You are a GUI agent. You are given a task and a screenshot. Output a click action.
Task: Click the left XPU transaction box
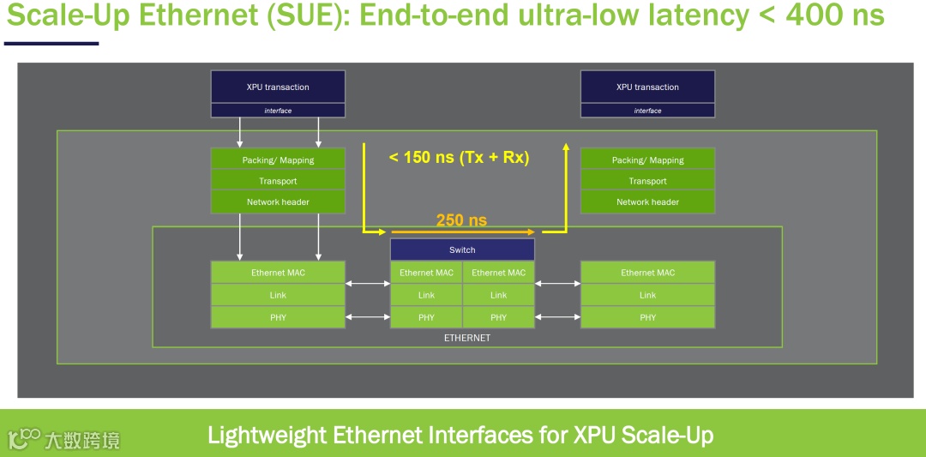pyautogui.click(x=278, y=87)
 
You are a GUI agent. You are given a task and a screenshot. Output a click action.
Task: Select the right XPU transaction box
pyautogui.click(x=647, y=87)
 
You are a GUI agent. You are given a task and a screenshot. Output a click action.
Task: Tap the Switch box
pyautogui.click(x=462, y=250)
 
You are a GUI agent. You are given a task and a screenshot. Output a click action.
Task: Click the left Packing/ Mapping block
pyautogui.click(x=278, y=159)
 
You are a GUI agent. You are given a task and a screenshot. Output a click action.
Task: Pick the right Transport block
pyautogui.click(x=647, y=181)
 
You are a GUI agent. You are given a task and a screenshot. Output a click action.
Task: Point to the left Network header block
pyautogui.click(x=278, y=202)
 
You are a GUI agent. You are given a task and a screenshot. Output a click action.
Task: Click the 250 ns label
pyautogui.click(x=461, y=220)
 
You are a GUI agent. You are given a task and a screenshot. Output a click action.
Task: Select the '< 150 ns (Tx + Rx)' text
pyautogui.click(x=459, y=158)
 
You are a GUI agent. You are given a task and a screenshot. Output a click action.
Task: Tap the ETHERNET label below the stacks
pyautogui.click(x=467, y=338)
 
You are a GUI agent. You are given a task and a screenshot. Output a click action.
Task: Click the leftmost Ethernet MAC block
pyautogui.click(x=278, y=273)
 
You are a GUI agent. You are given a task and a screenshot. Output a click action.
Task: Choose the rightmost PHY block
pyautogui.click(x=647, y=317)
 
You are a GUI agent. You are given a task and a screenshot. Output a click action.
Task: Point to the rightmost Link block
pyautogui.click(x=647, y=295)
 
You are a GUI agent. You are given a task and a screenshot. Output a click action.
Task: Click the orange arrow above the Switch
pyautogui.click(x=463, y=232)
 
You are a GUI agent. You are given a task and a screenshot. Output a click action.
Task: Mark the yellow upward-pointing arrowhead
pyautogui.click(x=566, y=147)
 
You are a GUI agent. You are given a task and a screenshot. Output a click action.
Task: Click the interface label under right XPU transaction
pyautogui.click(x=647, y=111)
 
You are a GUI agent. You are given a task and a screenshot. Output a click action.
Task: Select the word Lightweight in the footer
pyautogui.click(x=266, y=436)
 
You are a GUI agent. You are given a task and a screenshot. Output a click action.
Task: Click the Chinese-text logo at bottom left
pyautogui.click(x=64, y=440)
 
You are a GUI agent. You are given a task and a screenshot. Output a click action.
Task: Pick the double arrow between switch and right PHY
pyautogui.click(x=557, y=317)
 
